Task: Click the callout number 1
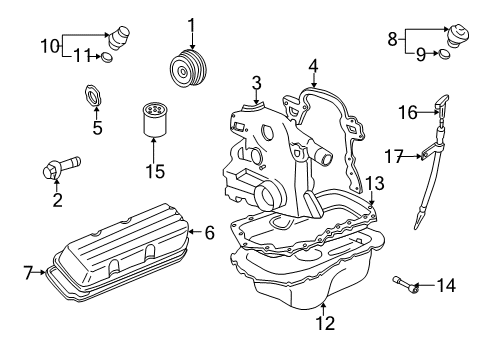click(x=191, y=23)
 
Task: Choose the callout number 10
click(x=48, y=45)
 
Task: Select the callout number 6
click(x=210, y=233)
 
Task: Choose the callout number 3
click(x=257, y=82)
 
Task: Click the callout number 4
click(x=313, y=67)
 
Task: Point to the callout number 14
click(x=445, y=286)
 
